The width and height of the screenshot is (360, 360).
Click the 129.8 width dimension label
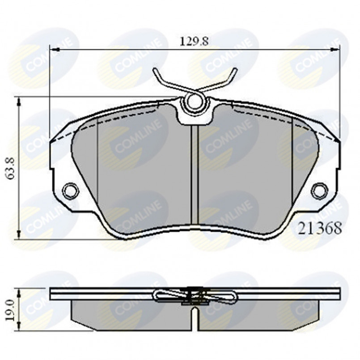pyautogui.click(x=194, y=42)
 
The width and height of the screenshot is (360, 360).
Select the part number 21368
pyautogui.click(x=320, y=228)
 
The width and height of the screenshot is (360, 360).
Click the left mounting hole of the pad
pyautogui.click(x=70, y=190)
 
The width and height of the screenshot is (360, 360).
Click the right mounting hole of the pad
pyautogui.click(x=319, y=190)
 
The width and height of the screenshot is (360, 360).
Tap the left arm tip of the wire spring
pyautogui.click(x=155, y=70)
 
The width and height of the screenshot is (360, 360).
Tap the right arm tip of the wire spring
pyautogui.click(x=235, y=70)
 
